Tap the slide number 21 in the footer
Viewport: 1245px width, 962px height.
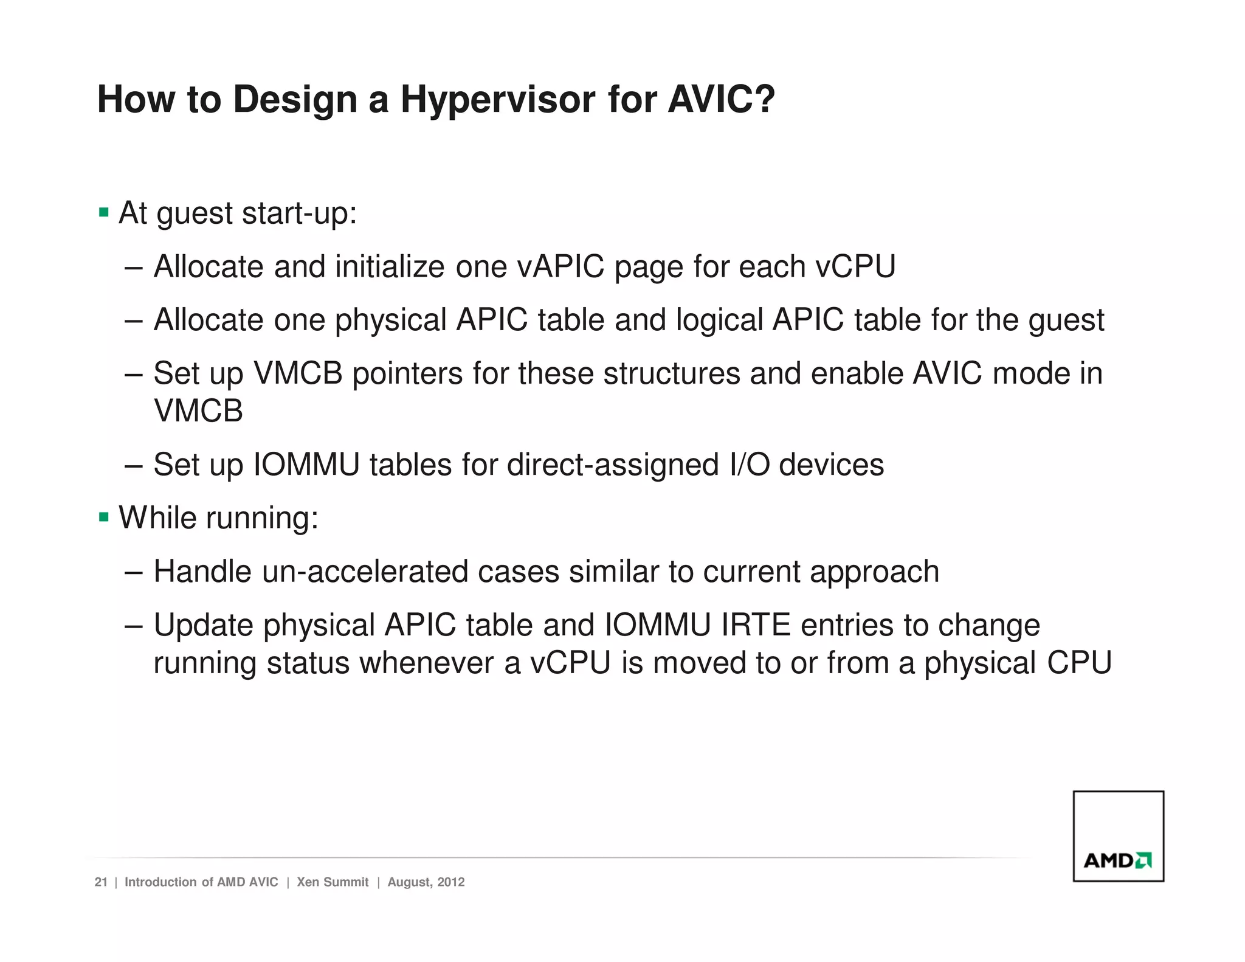[101, 882]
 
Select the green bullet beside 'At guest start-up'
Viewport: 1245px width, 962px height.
[104, 213]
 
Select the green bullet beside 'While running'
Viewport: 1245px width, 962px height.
[104, 517]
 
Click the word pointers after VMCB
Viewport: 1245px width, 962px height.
[407, 373]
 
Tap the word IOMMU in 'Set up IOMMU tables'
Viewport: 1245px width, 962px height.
[306, 465]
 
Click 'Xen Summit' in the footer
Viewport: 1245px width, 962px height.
[333, 882]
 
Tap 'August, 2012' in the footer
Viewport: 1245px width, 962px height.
[426, 882]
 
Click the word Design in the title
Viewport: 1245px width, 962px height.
[295, 100]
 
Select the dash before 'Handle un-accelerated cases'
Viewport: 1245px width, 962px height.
[133, 572]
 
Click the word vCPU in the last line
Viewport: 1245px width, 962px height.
[570, 663]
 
